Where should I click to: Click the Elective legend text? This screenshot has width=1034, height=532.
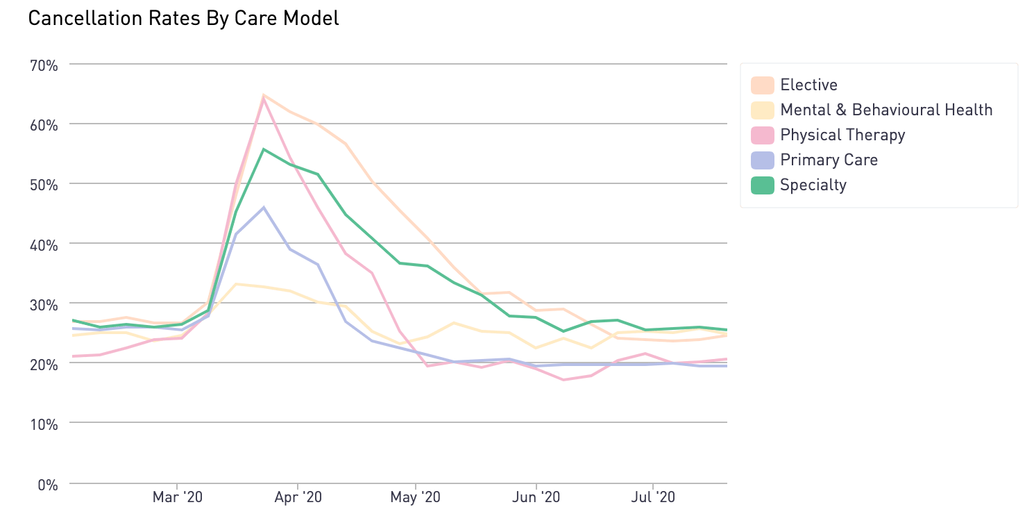(808, 85)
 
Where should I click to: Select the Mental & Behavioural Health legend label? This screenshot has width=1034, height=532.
(886, 110)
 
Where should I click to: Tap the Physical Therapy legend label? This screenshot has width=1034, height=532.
(842, 135)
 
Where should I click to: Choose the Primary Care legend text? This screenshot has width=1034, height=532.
(829, 160)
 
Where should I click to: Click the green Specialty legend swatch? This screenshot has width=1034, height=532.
(763, 185)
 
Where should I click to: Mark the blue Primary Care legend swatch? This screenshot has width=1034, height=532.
(763, 160)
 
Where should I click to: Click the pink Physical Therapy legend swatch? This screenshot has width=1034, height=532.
(763, 135)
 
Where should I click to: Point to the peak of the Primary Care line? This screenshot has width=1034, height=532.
(264, 207)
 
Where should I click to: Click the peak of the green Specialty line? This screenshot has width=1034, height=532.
(264, 149)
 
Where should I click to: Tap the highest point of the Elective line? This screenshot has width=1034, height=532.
(264, 95)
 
